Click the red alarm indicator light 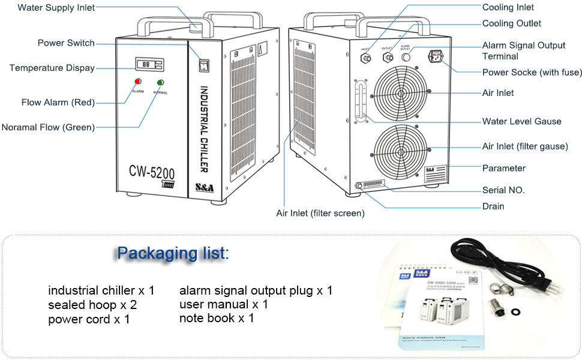point(137,82)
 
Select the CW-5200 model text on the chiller point(152,172)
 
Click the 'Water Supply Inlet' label point(56,7)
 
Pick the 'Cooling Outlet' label point(511,23)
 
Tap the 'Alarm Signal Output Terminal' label point(523,50)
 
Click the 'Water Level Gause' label point(521,121)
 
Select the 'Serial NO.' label point(503,190)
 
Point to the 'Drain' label point(493,206)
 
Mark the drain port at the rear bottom point(359,187)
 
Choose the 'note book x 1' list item point(217,318)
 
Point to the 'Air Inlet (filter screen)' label point(320,213)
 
